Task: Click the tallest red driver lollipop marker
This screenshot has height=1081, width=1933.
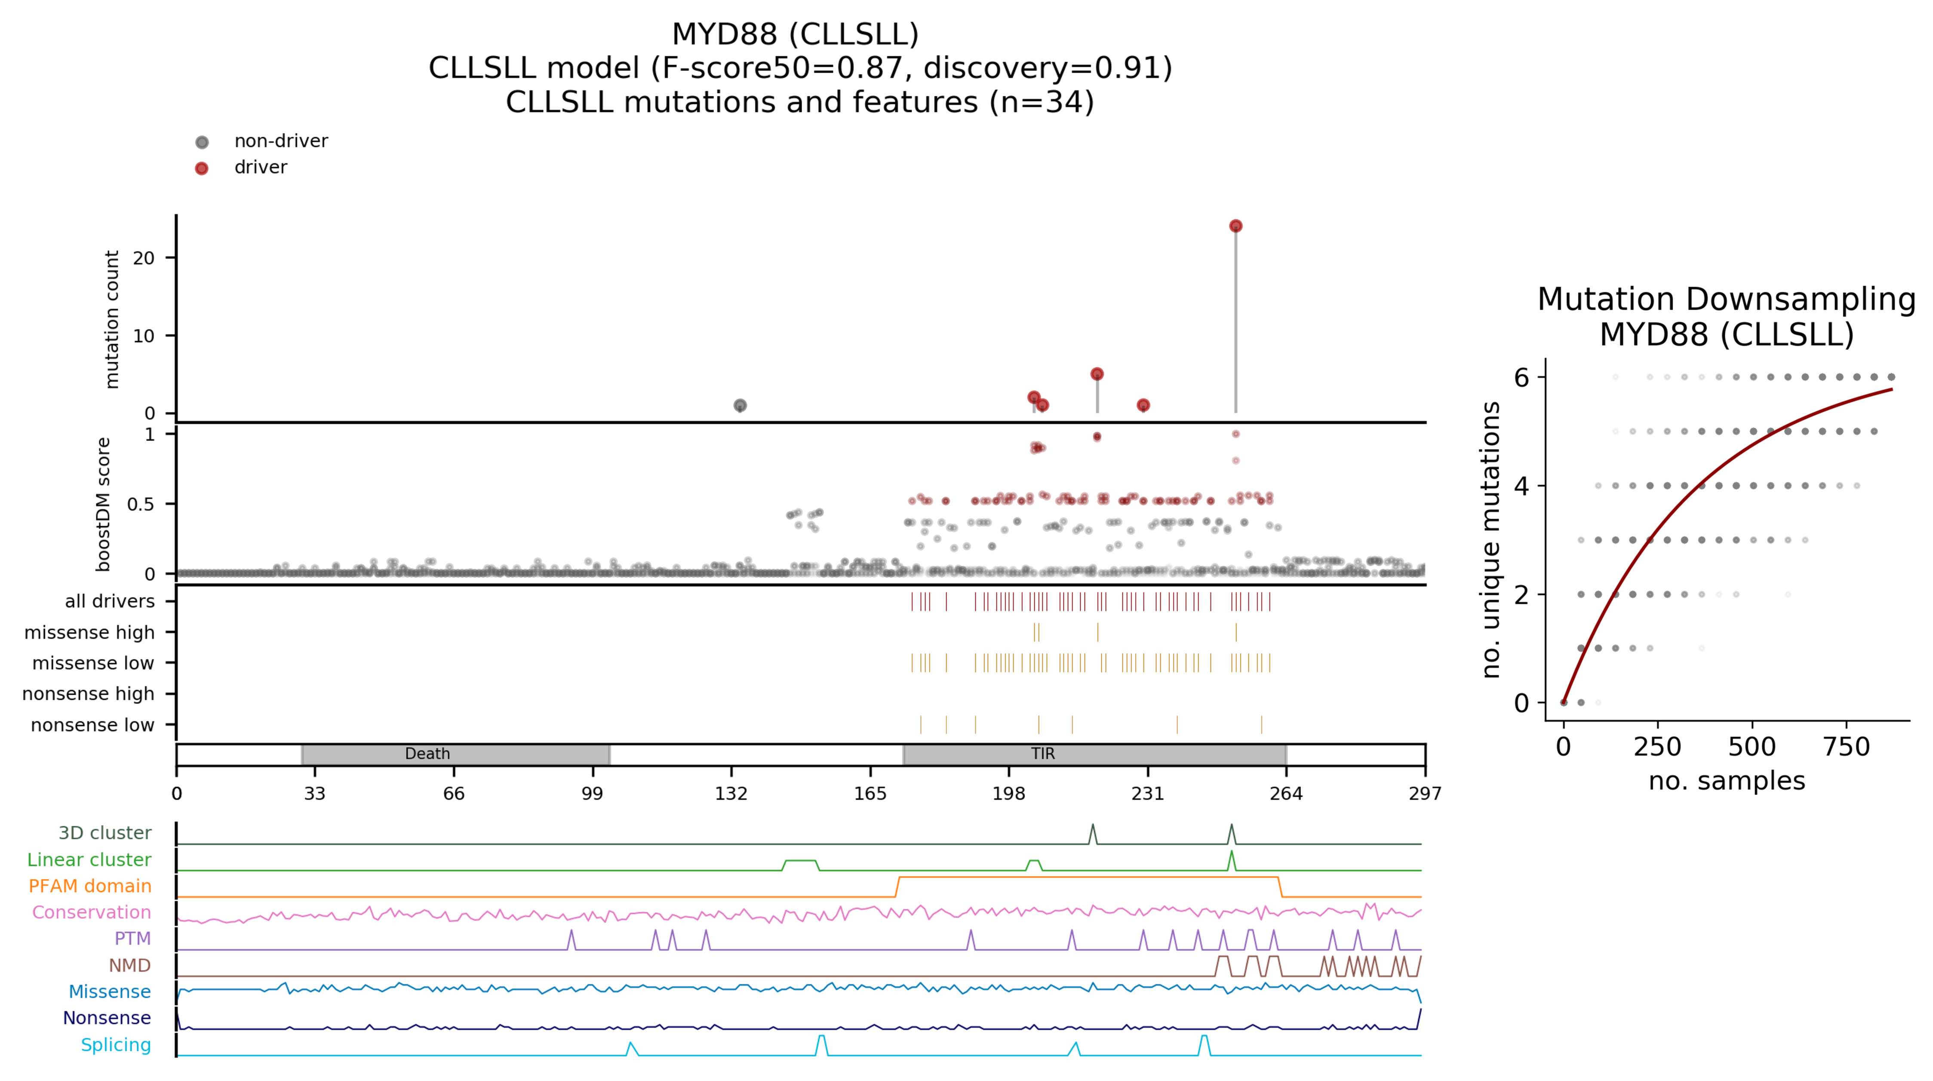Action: pos(1235,226)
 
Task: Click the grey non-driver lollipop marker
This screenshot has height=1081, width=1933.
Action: pos(740,405)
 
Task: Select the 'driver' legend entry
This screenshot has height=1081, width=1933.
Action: pos(260,167)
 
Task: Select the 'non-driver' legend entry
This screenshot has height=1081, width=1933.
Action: pos(281,141)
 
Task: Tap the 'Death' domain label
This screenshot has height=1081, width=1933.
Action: pos(427,754)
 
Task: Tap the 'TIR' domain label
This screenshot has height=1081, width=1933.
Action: pos(1042,754)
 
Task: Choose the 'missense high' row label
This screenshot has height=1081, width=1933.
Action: pos(89,633)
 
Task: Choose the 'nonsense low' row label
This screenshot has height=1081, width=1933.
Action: pos(92,725)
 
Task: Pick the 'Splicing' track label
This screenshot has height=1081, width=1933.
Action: pos(116,1045)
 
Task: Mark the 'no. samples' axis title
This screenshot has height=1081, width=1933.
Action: pos(1726,781)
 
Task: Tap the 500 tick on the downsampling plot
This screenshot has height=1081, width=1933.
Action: pos(1752,747)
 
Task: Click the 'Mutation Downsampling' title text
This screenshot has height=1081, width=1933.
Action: pos(1726,299)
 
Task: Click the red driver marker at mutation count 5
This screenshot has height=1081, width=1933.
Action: pos(1096,374)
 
